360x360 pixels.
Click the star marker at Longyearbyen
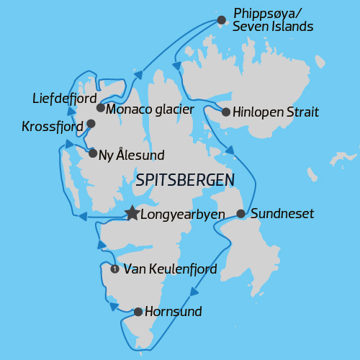pyautogui.click(x=132, y=213)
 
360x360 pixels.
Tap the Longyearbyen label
pyautogui.click(x=182, y=214)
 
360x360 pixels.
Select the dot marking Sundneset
pyautogui.click(x=240, y=214)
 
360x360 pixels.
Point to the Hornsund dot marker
pyautogui.click(x=138, y=312)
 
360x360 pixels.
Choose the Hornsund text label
pyautogui.click(x=173, y=312)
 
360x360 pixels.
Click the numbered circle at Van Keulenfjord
pyautogui.click(x=114, y=269)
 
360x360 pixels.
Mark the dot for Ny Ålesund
pyautogui.click(x=93, y=153)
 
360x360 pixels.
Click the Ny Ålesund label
pyautogui.click(x=131, y=154)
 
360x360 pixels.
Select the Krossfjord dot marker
pyautogui.click(x=90, y=124)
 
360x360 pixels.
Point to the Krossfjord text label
pyautogui.click(x=52, y=127)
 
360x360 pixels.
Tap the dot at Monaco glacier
pyautogui.click(x=101, y=108)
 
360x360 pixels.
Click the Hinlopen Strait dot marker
pyautogui.click(x=226, y=112)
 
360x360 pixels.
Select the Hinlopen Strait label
pyautogui.click(x=276, y=112)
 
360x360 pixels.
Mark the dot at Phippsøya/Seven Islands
pyautogui.click(x=222, y=19)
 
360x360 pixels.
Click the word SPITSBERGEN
pyautogui.click(x=185, y=179)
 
